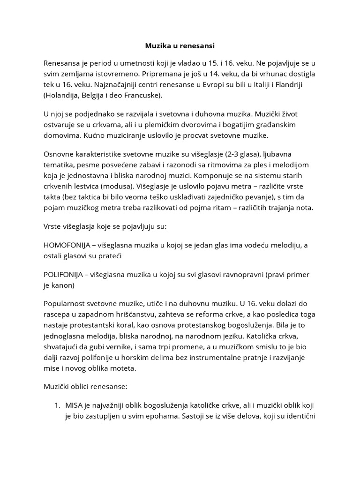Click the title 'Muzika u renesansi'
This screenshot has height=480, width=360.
(x=180, y=46)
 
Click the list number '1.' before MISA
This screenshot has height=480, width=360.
(x=59, y=405)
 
